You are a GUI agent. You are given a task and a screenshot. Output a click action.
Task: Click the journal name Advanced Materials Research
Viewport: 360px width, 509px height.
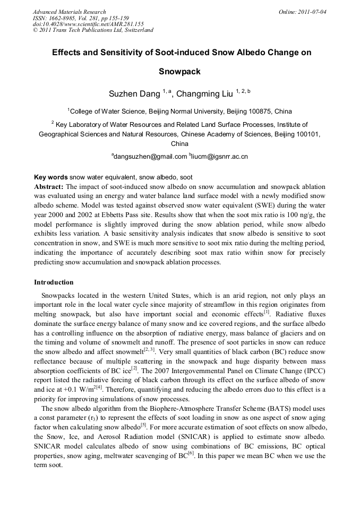pyautogui.click(x=69, y=12)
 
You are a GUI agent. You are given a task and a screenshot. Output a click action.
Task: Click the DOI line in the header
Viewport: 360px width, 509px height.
pyautogui.click(x=88, y=24)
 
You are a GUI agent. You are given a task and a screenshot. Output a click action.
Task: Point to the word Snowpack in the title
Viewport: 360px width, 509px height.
pyautogui.click(x=179, y=72)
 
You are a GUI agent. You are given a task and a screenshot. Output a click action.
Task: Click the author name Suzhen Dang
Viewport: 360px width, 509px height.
pyautogui.click(x=134, y=94)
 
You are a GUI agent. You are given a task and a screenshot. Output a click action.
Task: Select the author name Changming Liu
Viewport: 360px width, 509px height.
pyautogui.click(x=204, y=94)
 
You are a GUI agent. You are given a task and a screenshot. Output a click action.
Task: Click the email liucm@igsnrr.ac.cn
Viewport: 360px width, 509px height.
pyautogui.click(x=220, y=157)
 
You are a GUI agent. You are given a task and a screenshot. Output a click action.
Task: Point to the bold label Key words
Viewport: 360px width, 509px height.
pyautogui.click(x=50, y=177)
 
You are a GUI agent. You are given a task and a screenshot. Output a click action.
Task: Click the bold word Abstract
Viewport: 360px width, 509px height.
pyautogui.click(x=49, y=187)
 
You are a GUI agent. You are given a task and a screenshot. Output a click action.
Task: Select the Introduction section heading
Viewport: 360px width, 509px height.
pyautogui.click(x=54, y=282)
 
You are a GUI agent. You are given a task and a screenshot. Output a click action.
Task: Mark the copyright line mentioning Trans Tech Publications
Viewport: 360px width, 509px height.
pyautogui.click(x=93, y=30)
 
